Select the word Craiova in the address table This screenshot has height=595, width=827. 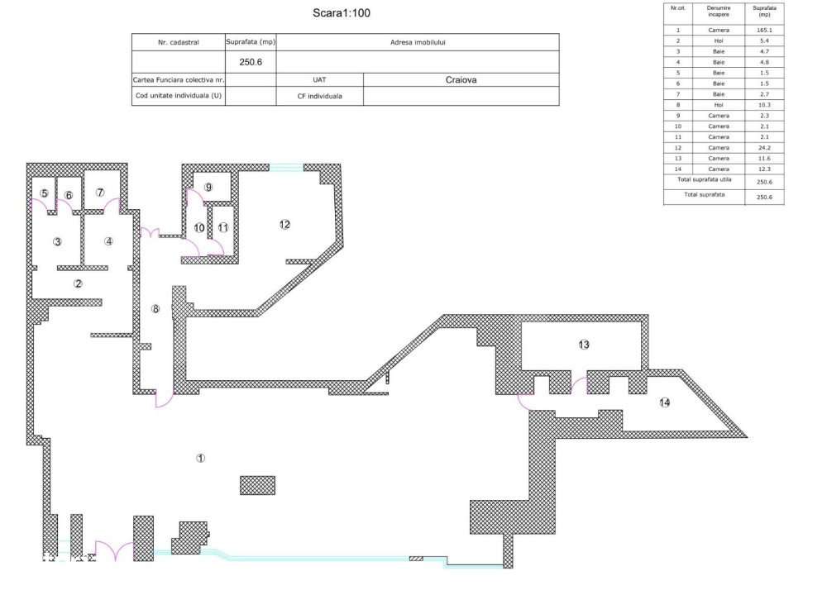tap(461, 80)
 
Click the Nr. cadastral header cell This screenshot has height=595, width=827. tap(178, 42)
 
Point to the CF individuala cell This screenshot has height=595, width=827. tap(319, 96)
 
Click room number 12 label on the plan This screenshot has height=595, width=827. tap(284, 224)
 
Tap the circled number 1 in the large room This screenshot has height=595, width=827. tap(200, 457)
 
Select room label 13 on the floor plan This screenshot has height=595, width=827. tap(584, 344)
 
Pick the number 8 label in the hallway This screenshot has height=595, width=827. tap(155, 308)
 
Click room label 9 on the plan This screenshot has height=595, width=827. tap(208, 188)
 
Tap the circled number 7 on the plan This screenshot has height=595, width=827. tap(100, 193)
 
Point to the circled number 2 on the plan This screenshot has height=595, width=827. tap(78, 283)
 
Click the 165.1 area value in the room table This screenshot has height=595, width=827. tap(764, 30)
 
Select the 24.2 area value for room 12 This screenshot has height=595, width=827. tap(764, 147)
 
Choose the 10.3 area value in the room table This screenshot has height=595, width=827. tap(764, 105)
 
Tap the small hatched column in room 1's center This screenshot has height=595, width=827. tap(257, 485)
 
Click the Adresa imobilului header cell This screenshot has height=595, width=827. tap(418, 42)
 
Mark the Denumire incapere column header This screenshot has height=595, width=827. tap(718, 12)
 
